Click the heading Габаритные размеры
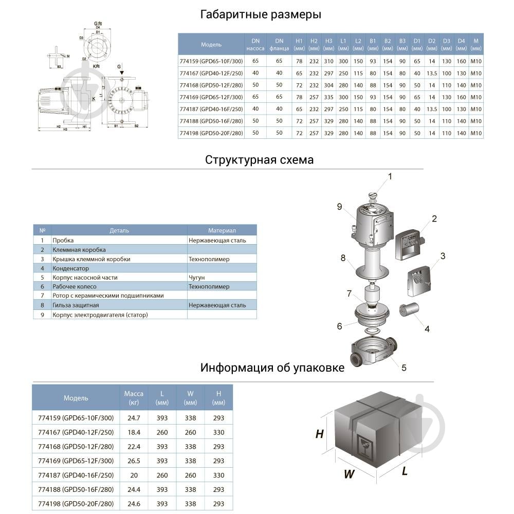pos(261,14)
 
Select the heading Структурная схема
pos(259,160)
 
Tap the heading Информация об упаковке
pos(272,368)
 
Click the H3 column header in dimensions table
pos(328,44)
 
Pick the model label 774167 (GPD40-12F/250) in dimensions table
pos(210,72)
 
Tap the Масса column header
pos(134,398)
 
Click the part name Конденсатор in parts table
pos(71,268)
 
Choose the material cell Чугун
pos(196,278)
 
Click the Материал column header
pos(222,230)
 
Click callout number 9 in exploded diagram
pos(339,207)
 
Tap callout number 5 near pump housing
pos(404,368)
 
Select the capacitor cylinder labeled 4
pos(410,311)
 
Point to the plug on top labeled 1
pos(373,196)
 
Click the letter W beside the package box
pos(349,474)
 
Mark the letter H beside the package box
pos(319,434)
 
